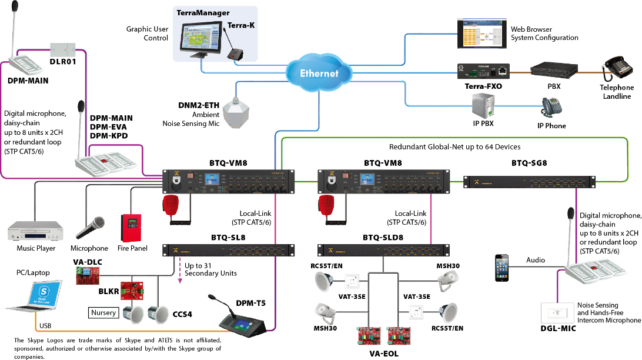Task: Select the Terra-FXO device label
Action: click(483, 86)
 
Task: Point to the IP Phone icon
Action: click(551, 108)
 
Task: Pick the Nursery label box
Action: click(104, 312)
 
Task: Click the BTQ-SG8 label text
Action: click(529, 163)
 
